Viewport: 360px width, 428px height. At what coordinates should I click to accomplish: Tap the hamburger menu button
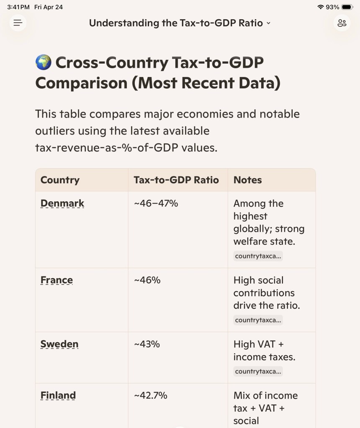click(18, 23)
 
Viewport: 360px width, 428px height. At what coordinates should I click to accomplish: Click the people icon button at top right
click(342, 23)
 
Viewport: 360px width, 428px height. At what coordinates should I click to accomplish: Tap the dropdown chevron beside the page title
click(268, 23)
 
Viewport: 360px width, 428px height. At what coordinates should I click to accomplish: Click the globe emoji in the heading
click(43, 63)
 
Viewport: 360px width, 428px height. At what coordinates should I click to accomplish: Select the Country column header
click(60, 180)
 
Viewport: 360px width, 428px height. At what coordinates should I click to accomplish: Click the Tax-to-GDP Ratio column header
click(176, 180)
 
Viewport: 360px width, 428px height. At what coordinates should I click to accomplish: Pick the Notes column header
click(247, 180)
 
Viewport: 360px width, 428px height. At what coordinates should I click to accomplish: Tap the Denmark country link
click(62, 203)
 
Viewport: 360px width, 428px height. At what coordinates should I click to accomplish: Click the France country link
click(57, 280)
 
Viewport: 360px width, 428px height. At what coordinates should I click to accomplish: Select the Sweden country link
click(59, 344)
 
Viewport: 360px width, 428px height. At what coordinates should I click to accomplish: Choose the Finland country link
click(58, 395)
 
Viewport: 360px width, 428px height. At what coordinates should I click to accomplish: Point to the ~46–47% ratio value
click(156, 203)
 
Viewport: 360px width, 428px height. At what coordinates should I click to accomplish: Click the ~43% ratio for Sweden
click(147, 344)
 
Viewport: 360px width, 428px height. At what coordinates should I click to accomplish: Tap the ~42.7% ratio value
click(150, 395)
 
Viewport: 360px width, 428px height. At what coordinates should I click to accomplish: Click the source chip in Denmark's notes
click(258, 256)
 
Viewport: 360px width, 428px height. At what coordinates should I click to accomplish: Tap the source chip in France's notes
click(258, 320)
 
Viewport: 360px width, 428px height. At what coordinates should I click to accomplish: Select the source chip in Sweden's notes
click(258, 372)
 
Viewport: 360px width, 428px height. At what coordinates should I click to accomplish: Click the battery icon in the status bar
click(347, 7)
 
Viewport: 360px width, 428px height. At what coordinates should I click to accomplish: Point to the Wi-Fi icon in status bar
click(321, 7)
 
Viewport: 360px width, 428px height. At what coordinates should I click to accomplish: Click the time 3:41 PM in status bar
click(18, 7)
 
